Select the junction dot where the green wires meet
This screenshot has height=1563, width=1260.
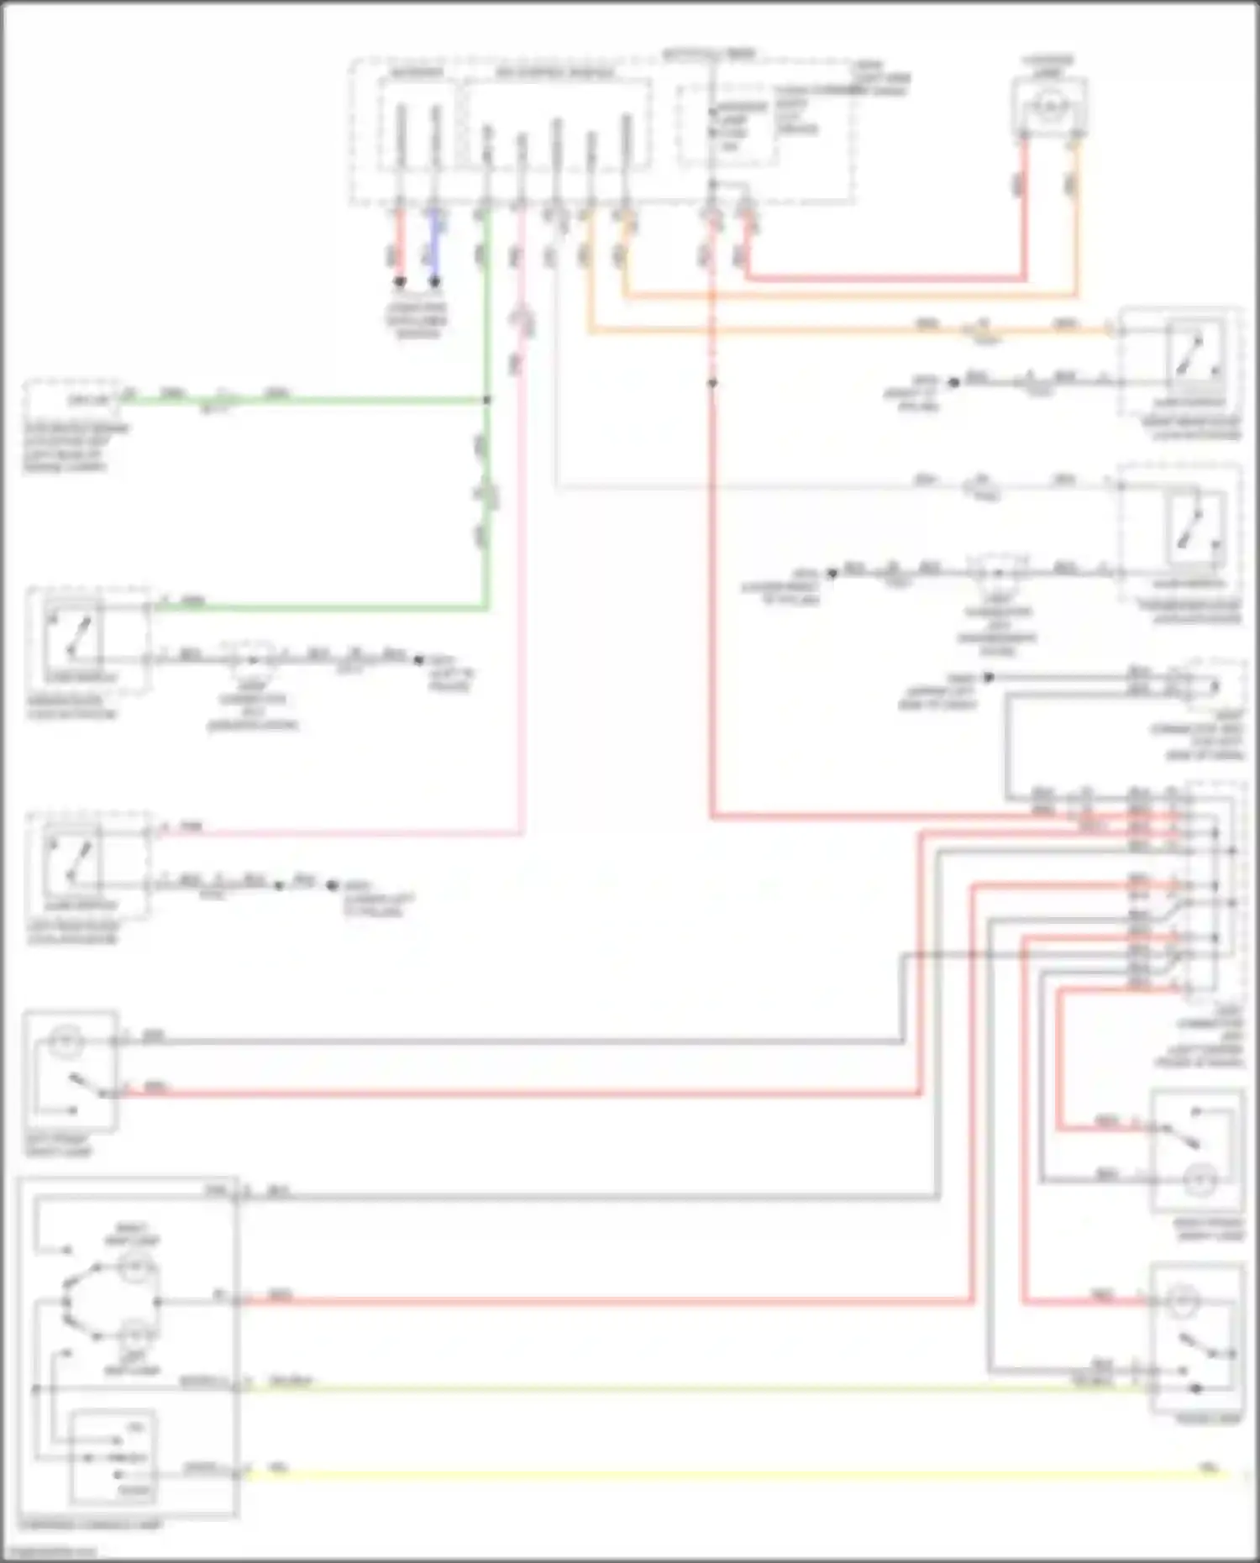click(486, 401)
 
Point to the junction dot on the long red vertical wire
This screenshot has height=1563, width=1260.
click(711, 383)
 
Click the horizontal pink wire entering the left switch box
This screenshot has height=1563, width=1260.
click(336, 833)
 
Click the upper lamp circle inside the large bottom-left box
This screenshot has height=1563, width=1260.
click(133, 1267)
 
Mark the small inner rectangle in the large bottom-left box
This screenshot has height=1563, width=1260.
click(112, 1457)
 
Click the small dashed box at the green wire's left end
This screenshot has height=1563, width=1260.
click(71, 400)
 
